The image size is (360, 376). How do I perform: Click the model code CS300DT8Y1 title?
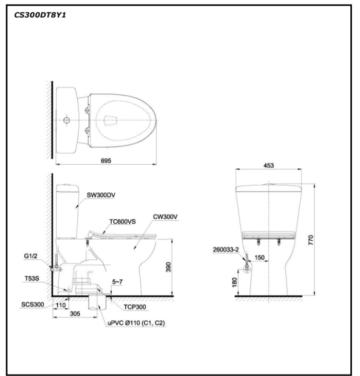point(40,15)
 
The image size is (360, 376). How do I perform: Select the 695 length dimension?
point(106,160)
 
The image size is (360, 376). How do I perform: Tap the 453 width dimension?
point(268,166)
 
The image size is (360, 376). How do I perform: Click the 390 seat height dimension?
point(168,266)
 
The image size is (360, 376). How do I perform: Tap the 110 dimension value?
point(61,305)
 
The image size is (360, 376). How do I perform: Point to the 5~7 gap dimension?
point(117,281)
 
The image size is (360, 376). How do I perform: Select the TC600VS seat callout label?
point(122,222)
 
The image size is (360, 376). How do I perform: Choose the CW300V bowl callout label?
point(165,217)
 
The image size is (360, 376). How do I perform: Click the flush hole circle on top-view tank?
point(65,121)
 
